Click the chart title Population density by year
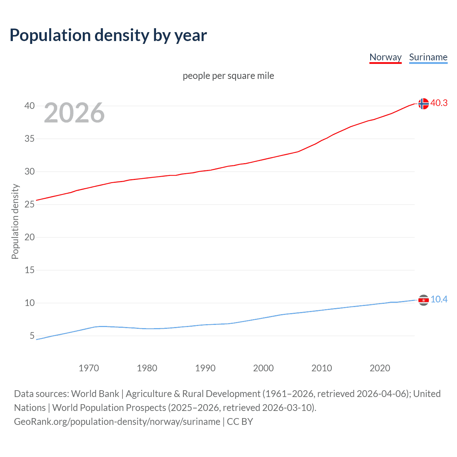[x=108, y=35]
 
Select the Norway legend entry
[x=385, y=57]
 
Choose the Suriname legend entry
[x=428, y=57]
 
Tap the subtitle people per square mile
[x=228, y=76]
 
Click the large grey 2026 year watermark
[x=74, y=113]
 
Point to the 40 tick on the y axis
[x=30, y=106]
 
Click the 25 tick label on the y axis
[x=30, y=204]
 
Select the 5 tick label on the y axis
[x=32, y=336]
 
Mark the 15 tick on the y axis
[x=30, y=270]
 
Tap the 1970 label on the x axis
[x=89, y=368]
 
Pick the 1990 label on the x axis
[x=205, y=368]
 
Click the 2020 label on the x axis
[x=380, y=368]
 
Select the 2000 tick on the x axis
[x=263, y=368]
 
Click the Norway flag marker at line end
[x=423, y=104]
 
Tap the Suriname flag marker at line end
[x=423, y=300]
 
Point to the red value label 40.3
[x=439, y=103]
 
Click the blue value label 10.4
[x=439, y=299]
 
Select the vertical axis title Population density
[x=15, y=221]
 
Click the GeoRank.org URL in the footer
[x=117, y=422]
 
